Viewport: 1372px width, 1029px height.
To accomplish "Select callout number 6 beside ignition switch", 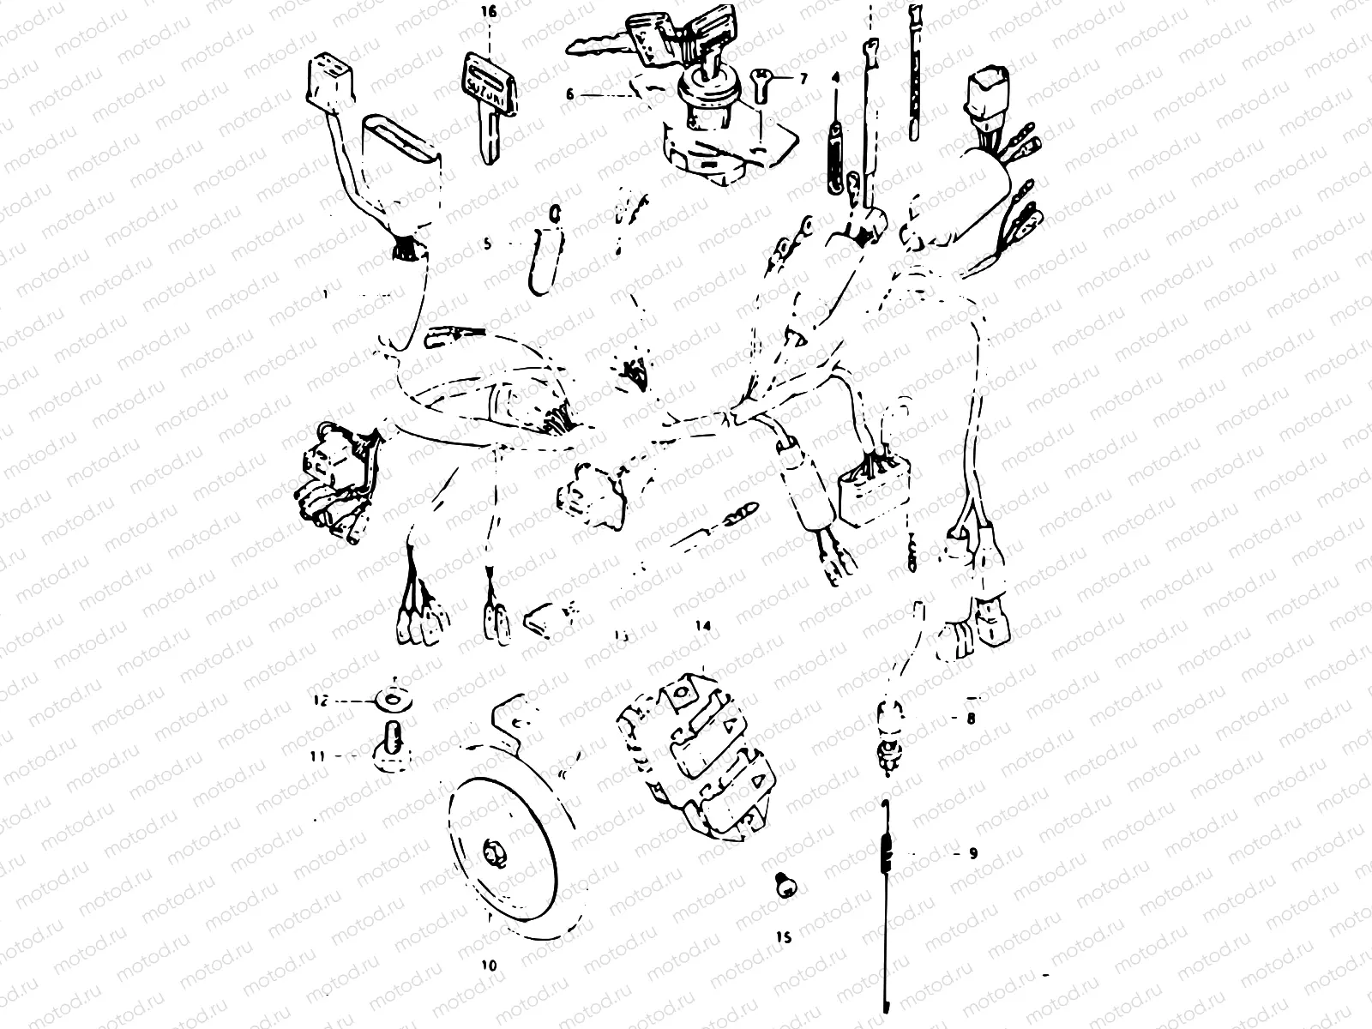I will click(570, 94).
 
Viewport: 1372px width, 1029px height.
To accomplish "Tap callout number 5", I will click(487, 244).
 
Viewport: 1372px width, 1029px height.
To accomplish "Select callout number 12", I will click(320, 701).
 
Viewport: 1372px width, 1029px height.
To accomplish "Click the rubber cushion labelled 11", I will click(390, 746).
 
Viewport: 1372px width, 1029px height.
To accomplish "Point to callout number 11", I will click(318, 756).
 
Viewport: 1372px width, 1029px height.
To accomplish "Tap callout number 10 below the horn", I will click(488, 965).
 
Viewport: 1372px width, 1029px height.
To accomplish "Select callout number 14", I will click(703, 627).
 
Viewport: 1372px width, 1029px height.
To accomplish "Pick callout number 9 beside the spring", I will click(972, 854).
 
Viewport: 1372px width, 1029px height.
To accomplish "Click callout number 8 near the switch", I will click(971, 719).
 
